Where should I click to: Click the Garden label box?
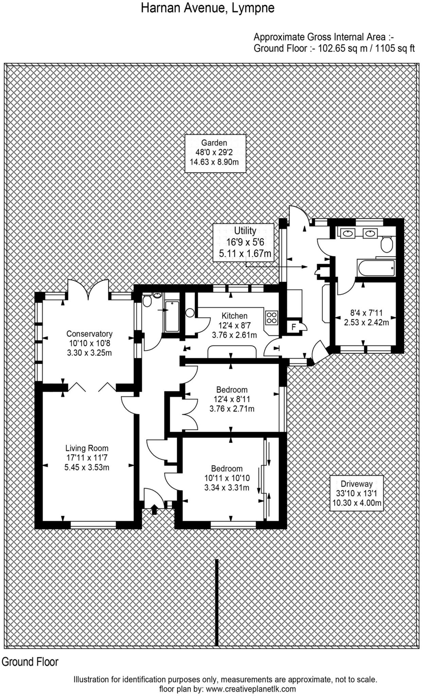[215, 153]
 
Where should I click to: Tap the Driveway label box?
[356, 493]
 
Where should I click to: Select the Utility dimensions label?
[243, 242]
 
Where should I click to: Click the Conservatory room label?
[89, 343]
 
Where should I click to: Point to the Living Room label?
[87, 457]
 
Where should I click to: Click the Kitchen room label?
[234, 325]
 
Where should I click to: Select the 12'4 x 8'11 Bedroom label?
[232, 399]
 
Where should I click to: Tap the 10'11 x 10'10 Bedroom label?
[227, 478]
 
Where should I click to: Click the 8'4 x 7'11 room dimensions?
[366, 317]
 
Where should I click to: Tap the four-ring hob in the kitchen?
[272, 317]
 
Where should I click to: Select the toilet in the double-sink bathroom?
[386, 244]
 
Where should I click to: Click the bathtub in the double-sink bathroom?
[376, 268]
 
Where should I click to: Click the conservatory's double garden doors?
[88, 290]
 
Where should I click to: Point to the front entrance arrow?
[154, 509]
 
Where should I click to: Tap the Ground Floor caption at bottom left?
[30, 662]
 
